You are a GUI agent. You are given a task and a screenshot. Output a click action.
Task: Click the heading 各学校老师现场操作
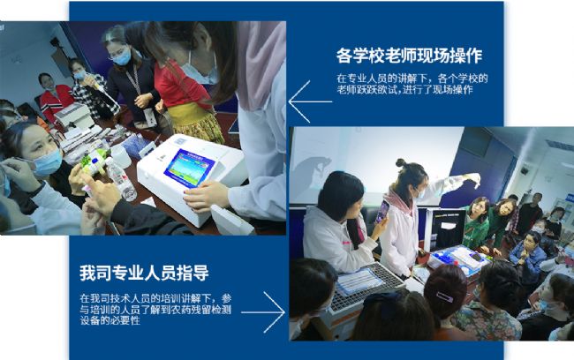point(409,56)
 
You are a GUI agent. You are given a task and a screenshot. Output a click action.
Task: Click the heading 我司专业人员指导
point(144,273)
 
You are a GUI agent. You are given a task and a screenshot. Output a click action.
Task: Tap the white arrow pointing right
point(263,312)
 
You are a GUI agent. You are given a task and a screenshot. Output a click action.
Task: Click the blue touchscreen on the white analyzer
point(189,169)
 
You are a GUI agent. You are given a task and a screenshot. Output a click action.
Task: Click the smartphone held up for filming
point(381,212)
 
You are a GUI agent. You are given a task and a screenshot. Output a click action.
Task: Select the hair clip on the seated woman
point(444,296)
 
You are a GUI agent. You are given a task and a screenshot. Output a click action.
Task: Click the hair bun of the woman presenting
point(401,162)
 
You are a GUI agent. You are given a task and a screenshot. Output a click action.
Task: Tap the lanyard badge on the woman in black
point(149,117)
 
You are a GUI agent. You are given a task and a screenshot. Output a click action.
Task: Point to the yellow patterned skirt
point(196,124)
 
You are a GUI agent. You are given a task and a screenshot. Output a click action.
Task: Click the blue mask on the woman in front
point(48,162)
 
